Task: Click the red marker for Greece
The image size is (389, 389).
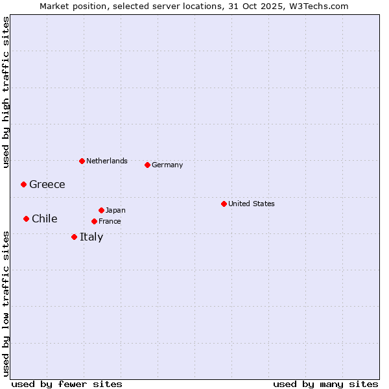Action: (23, 184)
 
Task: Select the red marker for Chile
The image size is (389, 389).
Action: (26, 218)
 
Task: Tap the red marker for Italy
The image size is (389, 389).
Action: (74, 237)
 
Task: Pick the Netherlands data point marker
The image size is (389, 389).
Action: (82, 161)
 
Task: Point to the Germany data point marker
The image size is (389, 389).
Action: (147, 165)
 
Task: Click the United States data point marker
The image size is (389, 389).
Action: (224, 204)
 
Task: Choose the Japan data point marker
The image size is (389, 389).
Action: (101, 210)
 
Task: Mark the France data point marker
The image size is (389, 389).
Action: (94, 221)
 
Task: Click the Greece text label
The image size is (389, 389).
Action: (47, 184)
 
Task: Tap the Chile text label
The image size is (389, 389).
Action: (45, 218)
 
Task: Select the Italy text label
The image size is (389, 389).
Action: (91, 237)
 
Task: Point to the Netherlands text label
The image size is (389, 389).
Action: (107, 161)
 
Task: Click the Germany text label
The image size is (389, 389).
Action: (167, 165)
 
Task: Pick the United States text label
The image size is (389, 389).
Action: (252, 204)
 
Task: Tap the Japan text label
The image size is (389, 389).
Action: (115, 210)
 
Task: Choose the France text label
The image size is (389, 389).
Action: (110, 221)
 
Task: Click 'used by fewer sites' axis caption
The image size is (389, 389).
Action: (67, 384)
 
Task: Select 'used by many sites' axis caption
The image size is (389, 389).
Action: (325, 384)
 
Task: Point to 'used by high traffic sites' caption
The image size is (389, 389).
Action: (6, 92)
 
